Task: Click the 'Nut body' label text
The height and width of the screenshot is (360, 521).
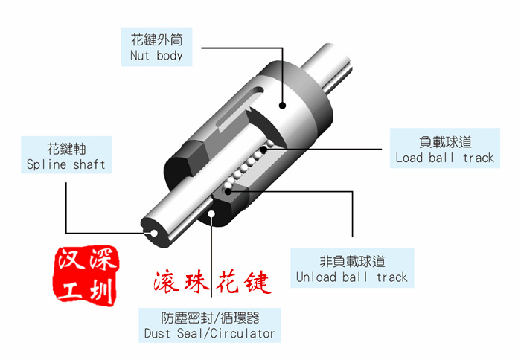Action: coord(156,56)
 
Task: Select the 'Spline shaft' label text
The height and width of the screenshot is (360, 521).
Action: coord(65,164)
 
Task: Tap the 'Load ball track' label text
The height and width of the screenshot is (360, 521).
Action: coord(444,158)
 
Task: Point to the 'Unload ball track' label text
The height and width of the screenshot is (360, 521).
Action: coord(351,277)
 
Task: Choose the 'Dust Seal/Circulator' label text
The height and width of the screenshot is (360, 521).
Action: coord(209,333)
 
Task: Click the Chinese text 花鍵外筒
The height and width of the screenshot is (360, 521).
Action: coord(156,40)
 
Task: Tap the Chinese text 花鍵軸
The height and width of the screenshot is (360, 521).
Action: coord(66,149)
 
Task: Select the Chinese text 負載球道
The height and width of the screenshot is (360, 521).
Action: coord(445,142)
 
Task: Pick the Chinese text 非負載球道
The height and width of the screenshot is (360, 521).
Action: coord(352,261)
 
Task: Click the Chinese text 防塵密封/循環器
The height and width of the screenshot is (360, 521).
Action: coord(210,318)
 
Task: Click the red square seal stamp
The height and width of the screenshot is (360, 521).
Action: coord(86,276)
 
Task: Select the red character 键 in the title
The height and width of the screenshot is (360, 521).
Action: coord(257,283)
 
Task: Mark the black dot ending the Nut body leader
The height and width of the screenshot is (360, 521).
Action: coord(282,106)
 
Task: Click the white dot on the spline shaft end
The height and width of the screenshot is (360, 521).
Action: coord(154,233)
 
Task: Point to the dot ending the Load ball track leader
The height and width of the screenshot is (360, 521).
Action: coord(264,150)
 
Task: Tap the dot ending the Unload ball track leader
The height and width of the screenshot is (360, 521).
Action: coord(228,191)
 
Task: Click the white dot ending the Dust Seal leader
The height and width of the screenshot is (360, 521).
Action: coord(211,213)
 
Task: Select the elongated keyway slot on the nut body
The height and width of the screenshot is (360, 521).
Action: coord(240,106)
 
